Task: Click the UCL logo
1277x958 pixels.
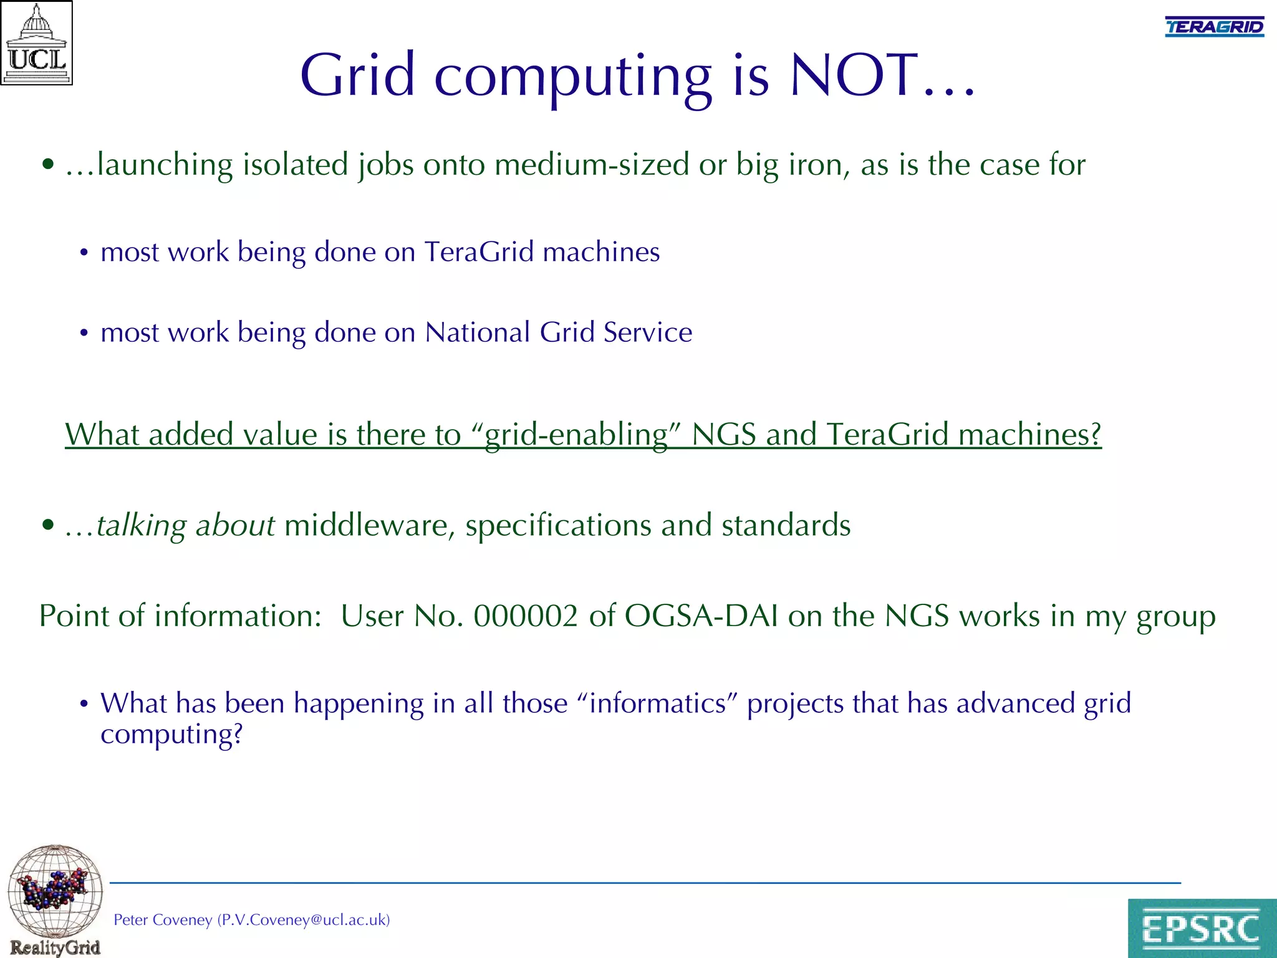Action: (37, 43)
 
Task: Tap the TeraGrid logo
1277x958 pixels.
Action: (1214, 27)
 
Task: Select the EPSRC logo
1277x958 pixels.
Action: (1202, 928)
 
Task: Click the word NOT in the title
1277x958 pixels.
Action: (855, 75)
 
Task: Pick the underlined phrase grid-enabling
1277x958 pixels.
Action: (576, 435)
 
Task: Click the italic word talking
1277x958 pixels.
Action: (141, 526)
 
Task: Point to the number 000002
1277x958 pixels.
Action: (526, 616)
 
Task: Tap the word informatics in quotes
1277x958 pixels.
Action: (658, 704)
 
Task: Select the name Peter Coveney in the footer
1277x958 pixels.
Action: (163, 920)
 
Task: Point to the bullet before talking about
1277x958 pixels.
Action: (48, 525)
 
